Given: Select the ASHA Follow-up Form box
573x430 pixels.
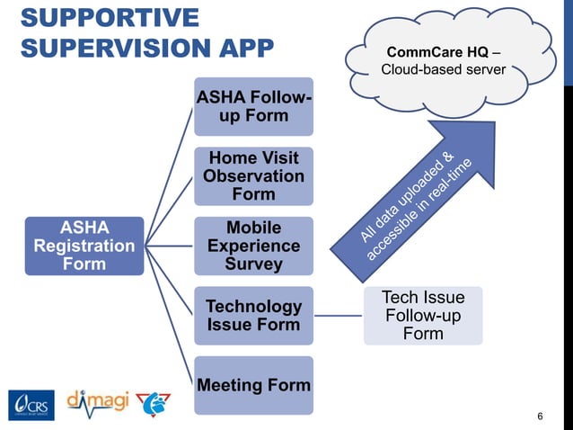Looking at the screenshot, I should [x=253, y=106].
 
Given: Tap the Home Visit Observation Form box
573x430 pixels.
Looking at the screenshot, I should [x=253, y=175].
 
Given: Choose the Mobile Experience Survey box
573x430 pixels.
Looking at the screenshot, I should [x=253, y=245].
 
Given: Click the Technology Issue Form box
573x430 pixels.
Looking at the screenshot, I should [x=253, y=315].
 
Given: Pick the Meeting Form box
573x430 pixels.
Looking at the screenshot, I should [x=253, y=385].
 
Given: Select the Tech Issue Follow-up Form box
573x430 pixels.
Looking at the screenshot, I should [x=423, y=315].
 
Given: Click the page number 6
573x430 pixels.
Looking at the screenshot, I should [x=540, y=416].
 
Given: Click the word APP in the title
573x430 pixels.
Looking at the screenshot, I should [x=242, y=47].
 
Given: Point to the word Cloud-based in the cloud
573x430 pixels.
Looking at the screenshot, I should [x=416, y=69].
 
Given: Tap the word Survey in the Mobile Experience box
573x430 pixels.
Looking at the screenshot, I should [x=253, y=264].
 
